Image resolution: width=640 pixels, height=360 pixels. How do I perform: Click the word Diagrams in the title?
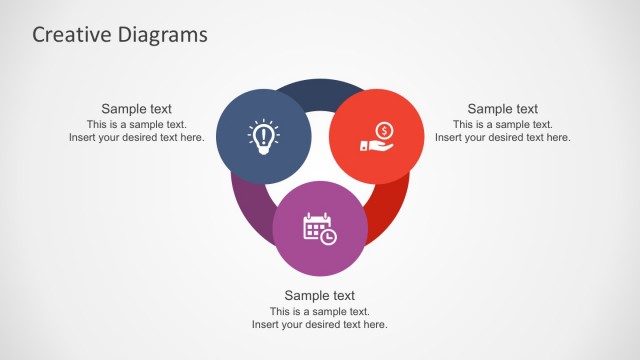(158, 34)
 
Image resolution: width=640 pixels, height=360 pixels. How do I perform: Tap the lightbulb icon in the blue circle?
(263, 136)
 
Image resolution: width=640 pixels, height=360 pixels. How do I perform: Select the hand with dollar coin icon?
(376, 136)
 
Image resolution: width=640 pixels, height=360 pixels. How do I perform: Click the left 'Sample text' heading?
(136, 109)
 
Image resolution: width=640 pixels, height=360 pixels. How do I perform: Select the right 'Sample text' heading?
(502, 109)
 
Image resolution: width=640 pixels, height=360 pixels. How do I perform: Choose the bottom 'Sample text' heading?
(320, 295)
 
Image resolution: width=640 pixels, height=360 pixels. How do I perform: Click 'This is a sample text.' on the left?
(136, 124)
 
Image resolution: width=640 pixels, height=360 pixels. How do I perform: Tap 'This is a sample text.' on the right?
(502, 124)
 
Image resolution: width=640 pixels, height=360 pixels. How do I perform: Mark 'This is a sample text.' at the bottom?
(320, 311)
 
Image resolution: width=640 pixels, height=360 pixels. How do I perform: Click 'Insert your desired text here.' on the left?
(136, 138)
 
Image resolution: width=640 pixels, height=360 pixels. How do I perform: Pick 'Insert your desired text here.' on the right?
(502, 138)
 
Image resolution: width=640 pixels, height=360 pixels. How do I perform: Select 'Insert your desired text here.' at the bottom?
(320, 325)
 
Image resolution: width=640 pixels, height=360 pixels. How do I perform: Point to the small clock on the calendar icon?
(329, 236)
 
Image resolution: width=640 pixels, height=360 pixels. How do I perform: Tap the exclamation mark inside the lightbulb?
(263, 133)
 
